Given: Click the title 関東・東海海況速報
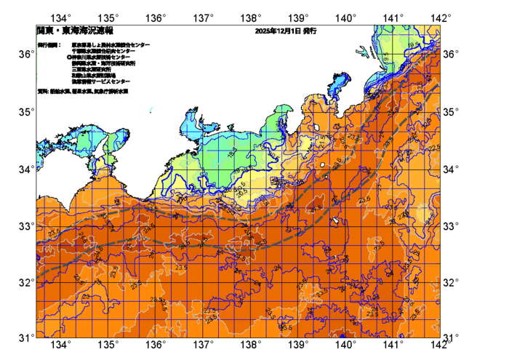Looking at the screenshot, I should click(x=66, y=31).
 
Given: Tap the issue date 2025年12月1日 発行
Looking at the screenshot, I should click(x=285, y=31).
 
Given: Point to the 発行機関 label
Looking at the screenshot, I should click(x=49, y=45).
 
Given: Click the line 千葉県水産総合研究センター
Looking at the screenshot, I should click(x=105, y=51).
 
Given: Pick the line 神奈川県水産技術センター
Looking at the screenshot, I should click(x=104, y=57).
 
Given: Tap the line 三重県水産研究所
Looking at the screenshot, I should click(x=92, y=68).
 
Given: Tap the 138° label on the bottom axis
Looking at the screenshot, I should click(x=251, y=345).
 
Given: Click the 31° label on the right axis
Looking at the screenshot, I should click(x=452, y=337).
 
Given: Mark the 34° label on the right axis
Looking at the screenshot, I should click(x=452, y=169).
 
